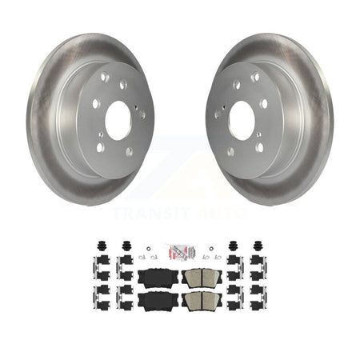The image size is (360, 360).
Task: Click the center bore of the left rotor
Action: (x=118, y=121)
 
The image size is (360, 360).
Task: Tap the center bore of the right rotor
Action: (x=242, y=120)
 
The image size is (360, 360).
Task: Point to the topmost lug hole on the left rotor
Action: (x=105, y=77)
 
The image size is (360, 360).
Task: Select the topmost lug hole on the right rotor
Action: (x=255, y=77)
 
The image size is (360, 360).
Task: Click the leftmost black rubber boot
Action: (x=101, y=246)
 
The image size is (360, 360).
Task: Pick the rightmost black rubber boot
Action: (x=258, y=246)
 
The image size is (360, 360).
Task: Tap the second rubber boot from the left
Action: (x=126, y=246)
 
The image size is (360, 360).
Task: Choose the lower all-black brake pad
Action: (x=158, y=302)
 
